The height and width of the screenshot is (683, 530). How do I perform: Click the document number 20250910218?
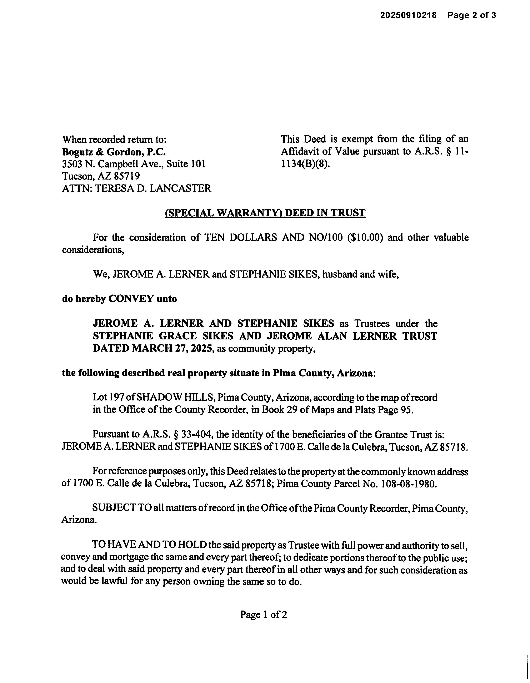(408, 15)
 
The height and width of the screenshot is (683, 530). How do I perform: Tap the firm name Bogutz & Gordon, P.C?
(114, 152)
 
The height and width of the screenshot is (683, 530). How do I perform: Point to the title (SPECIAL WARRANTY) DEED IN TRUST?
(265, 213)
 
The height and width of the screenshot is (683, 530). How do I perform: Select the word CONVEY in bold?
(131, 299)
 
